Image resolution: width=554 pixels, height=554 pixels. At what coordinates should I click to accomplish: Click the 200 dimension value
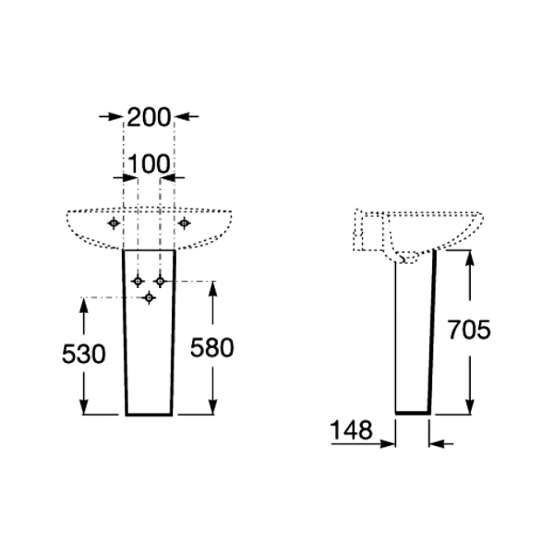point(149,117)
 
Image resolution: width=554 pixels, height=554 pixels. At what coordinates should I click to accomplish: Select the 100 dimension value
point(149,164)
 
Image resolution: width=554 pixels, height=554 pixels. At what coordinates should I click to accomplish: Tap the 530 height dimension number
point(84,354)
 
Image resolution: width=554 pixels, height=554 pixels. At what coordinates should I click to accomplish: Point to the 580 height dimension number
point(212,348)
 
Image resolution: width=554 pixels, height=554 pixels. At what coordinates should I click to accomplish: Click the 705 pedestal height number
point(469,330)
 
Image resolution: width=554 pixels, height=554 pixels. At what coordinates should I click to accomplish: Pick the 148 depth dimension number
point(351,430)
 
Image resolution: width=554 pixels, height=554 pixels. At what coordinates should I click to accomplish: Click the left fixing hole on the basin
point(114,223)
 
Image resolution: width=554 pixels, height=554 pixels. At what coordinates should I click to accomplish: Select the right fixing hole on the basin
point(184,223)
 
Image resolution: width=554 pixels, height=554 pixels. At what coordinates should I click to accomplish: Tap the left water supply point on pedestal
point(138,282)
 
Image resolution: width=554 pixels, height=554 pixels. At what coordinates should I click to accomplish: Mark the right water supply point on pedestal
point(160,282)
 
